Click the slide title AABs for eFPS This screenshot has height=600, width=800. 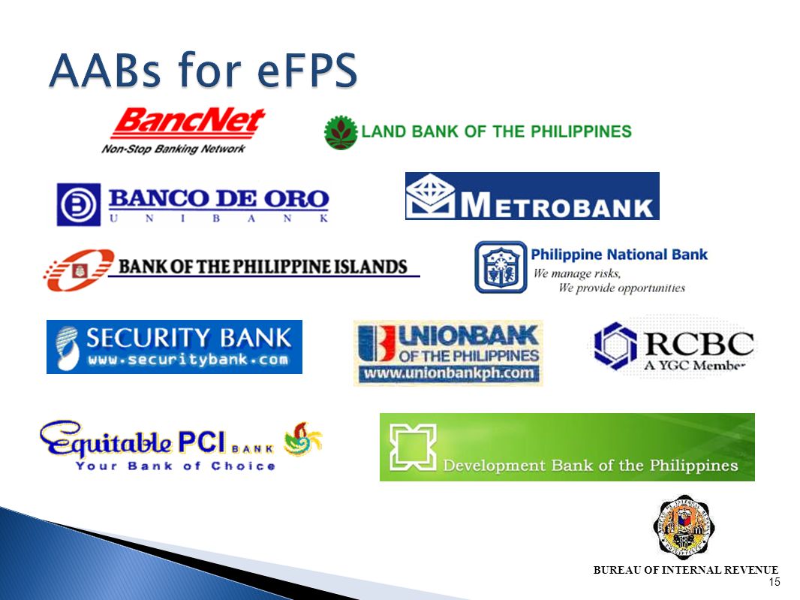pyautogui.click(x=203, y=74)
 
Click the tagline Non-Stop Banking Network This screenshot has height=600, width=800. pyautogui.click(x=173, y=149)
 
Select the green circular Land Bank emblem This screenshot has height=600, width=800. pyautogui.click(x=340, y=133)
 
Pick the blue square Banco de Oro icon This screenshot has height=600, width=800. pyautogui.click(x=79, y=204)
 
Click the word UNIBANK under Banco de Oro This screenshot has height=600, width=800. pyautogui.click(x=219, y=219)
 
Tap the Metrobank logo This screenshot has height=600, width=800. pyautogui.click(x=532, y=196)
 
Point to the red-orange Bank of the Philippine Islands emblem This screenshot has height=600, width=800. pyautogui.click(x=78, y=269)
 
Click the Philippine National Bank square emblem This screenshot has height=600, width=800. pyautogui.click(x=501, y=267)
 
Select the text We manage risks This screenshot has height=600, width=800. pyautogui.click(x=576, y=273)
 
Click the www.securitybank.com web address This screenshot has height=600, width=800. pyautogui.click(x=188, y=360)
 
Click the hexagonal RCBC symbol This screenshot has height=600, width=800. pyautogui.click(x=615, y=345)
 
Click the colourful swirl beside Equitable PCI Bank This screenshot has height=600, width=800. pyautogui.click(x=303, y=439)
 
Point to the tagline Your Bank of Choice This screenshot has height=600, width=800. pyautogui.click(x=175, y=466)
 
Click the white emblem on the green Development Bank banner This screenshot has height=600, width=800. pyautogui.click(x=411, y=447)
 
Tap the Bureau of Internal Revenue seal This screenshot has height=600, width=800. pyautogui.click(x=683, y=527)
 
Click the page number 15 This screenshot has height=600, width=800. pyautogui.click(x=774, y=583)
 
